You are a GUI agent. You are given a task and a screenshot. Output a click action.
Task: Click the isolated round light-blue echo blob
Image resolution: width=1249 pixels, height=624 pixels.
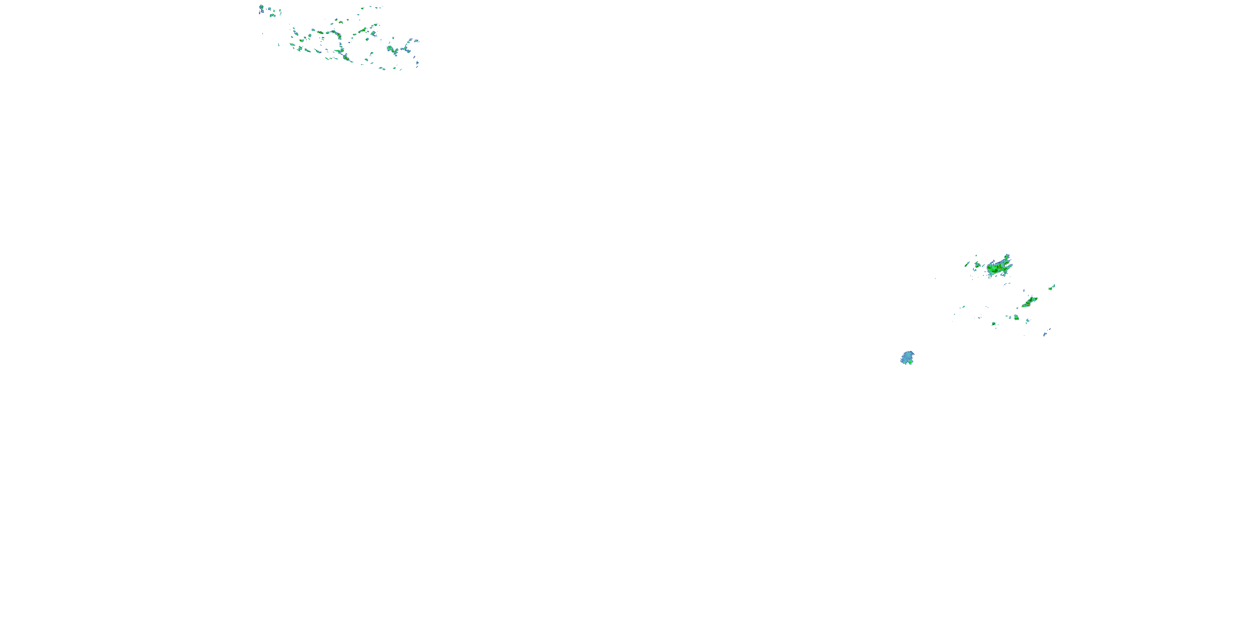907,357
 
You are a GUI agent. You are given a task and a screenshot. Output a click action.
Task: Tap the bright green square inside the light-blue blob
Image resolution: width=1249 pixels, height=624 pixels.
911,362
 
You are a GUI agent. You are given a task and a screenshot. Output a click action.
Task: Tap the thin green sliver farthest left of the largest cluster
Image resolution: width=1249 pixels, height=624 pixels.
967,265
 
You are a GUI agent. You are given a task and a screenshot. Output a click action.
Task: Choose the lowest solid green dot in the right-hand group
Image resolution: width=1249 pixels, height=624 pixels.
993,324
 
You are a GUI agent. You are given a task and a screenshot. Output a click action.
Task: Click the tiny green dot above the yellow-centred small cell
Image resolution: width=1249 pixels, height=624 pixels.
976,256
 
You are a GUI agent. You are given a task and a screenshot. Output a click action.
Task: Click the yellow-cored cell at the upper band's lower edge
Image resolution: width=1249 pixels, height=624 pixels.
347,58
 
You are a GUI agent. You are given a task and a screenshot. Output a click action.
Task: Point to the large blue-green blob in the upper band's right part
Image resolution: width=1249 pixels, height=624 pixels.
391,49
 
